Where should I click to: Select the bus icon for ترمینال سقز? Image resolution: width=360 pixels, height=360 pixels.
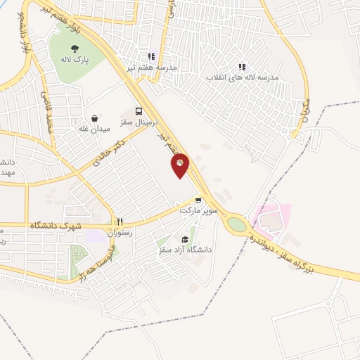pos(139,111)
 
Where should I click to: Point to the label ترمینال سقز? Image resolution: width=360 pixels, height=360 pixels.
pos(139,123)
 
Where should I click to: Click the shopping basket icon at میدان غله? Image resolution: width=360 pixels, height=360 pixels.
pos(94,118)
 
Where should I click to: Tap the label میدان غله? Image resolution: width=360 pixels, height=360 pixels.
pos(94,130)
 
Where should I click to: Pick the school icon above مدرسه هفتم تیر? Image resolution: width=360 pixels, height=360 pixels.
pos(150,57)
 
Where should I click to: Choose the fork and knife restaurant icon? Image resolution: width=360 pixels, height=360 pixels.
pos(120,220)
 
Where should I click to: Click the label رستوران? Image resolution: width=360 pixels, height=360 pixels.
pos(120,231)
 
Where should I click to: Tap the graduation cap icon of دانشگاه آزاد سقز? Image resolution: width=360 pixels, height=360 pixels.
pos(185,239)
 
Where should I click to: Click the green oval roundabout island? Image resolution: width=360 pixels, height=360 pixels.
pos(237,224)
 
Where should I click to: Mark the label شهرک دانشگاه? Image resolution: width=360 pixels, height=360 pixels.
pos(56,226)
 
